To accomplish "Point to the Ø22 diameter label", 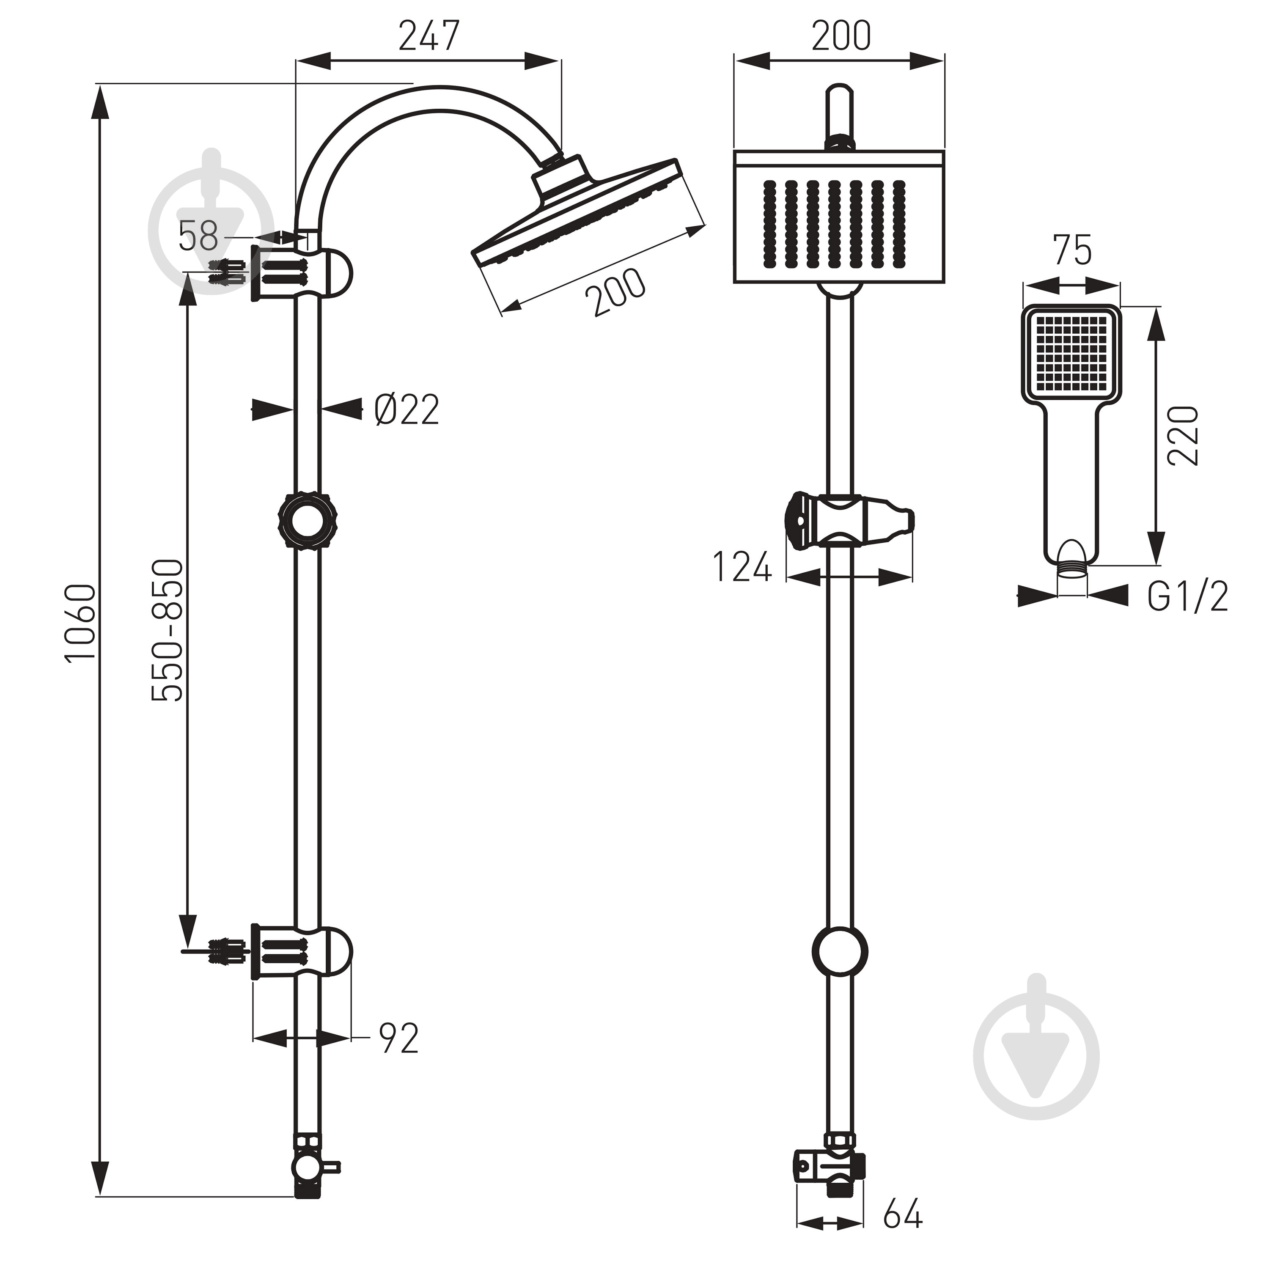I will pos(406,410).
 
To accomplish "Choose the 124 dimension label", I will pos(742,568).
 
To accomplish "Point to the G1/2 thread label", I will pos(1187,596).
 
